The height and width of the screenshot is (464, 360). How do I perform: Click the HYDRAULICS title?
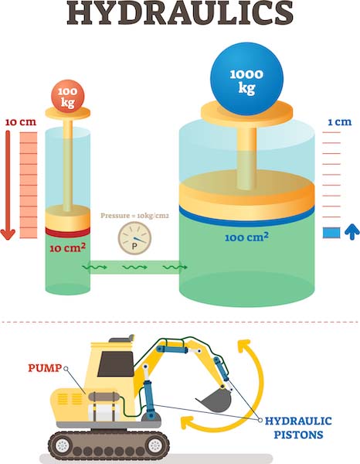[x=180, y=15]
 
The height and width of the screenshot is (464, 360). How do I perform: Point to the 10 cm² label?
[x=67, y=248]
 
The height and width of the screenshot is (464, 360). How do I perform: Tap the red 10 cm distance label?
[x=20, y=122]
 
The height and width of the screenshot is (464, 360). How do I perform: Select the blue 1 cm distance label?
[x=335, y=122]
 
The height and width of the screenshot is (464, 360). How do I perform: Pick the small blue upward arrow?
[x=348, y=232]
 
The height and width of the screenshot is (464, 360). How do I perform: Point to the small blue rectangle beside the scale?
[x=331, y=233]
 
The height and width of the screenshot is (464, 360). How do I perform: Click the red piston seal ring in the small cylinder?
[x=67, y=231]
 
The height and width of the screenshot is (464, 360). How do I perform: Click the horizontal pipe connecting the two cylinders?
[x=134, y=268]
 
